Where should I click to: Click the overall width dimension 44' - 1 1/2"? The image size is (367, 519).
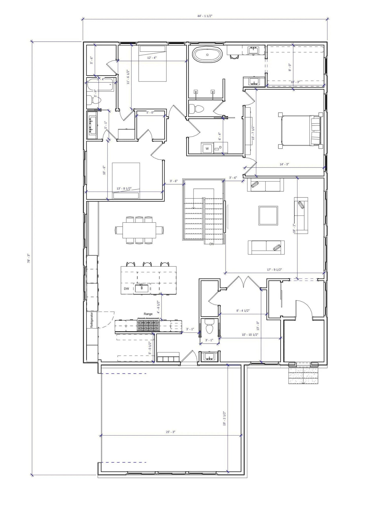click(x=205, y=16)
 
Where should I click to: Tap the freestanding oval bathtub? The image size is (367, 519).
click(x=207, y=54)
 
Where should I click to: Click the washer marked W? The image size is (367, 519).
click(x=207, y=148)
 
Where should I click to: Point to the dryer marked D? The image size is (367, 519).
click(x=220, y=147)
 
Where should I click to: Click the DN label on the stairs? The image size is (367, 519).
click(x=212, y=244)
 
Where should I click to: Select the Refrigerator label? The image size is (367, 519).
click(x=92, y=320)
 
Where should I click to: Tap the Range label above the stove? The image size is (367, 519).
click(x=148, y=314)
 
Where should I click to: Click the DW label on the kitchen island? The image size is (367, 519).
click(x=126, y=289)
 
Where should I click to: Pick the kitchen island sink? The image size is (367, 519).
click(x=142, y=288)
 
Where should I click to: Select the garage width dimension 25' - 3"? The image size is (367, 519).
click(x=170, y=432)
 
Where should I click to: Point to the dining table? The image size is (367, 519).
click(x=139, y=230)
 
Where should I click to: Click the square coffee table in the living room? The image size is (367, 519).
click(x=268, y=215)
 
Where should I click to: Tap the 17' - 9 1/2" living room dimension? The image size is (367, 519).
click(x=274, y=270)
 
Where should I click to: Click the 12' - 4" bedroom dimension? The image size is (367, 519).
click(x=152, y=58)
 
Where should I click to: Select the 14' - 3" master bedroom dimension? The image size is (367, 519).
click(x=284, y=164)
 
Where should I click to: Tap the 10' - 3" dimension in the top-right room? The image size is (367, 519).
click(x=295, y=82)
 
